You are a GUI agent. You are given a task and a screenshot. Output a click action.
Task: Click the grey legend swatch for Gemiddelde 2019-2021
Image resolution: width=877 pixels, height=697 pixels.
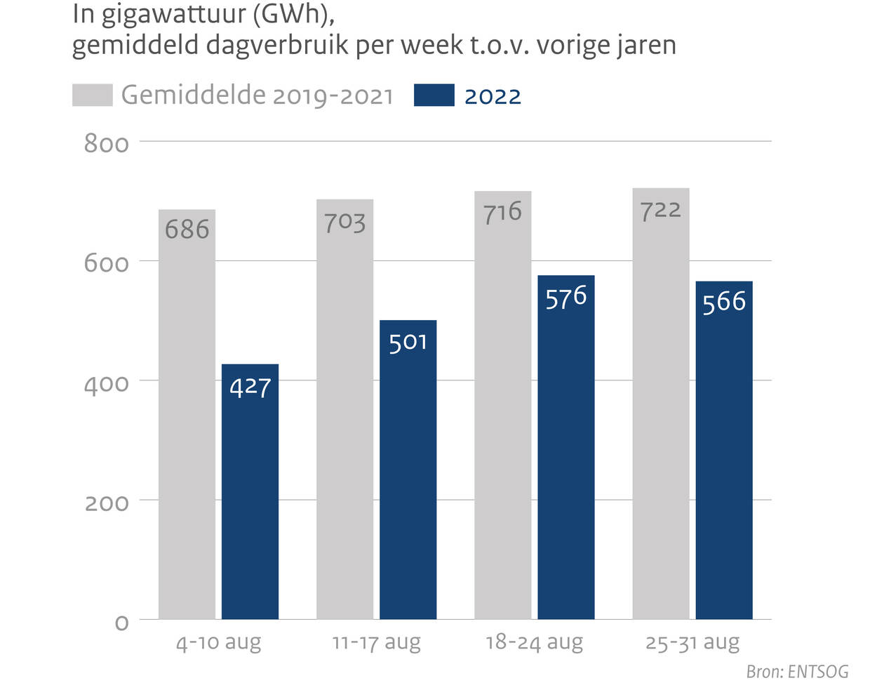92,95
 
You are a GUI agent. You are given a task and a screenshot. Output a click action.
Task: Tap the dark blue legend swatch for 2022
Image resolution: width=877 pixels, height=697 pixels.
434,95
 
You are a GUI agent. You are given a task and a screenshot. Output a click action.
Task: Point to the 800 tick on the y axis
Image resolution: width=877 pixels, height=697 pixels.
107,143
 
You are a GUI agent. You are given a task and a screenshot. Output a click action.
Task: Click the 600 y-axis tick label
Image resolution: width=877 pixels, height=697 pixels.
107,263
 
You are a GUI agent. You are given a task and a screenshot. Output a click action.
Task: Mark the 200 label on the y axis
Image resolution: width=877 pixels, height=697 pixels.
107,503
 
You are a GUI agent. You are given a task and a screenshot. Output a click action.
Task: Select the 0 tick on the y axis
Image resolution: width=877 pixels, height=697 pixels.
121,623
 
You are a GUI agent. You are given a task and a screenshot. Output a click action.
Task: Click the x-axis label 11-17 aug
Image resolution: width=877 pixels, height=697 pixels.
376,642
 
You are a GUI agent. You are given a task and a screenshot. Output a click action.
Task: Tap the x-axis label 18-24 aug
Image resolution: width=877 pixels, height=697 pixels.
534,642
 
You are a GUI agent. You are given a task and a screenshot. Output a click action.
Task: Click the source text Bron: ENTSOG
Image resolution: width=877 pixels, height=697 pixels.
797,672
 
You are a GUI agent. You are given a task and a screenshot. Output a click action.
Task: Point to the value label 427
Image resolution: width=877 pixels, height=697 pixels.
250,387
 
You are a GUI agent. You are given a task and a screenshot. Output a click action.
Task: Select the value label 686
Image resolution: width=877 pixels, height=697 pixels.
187,229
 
